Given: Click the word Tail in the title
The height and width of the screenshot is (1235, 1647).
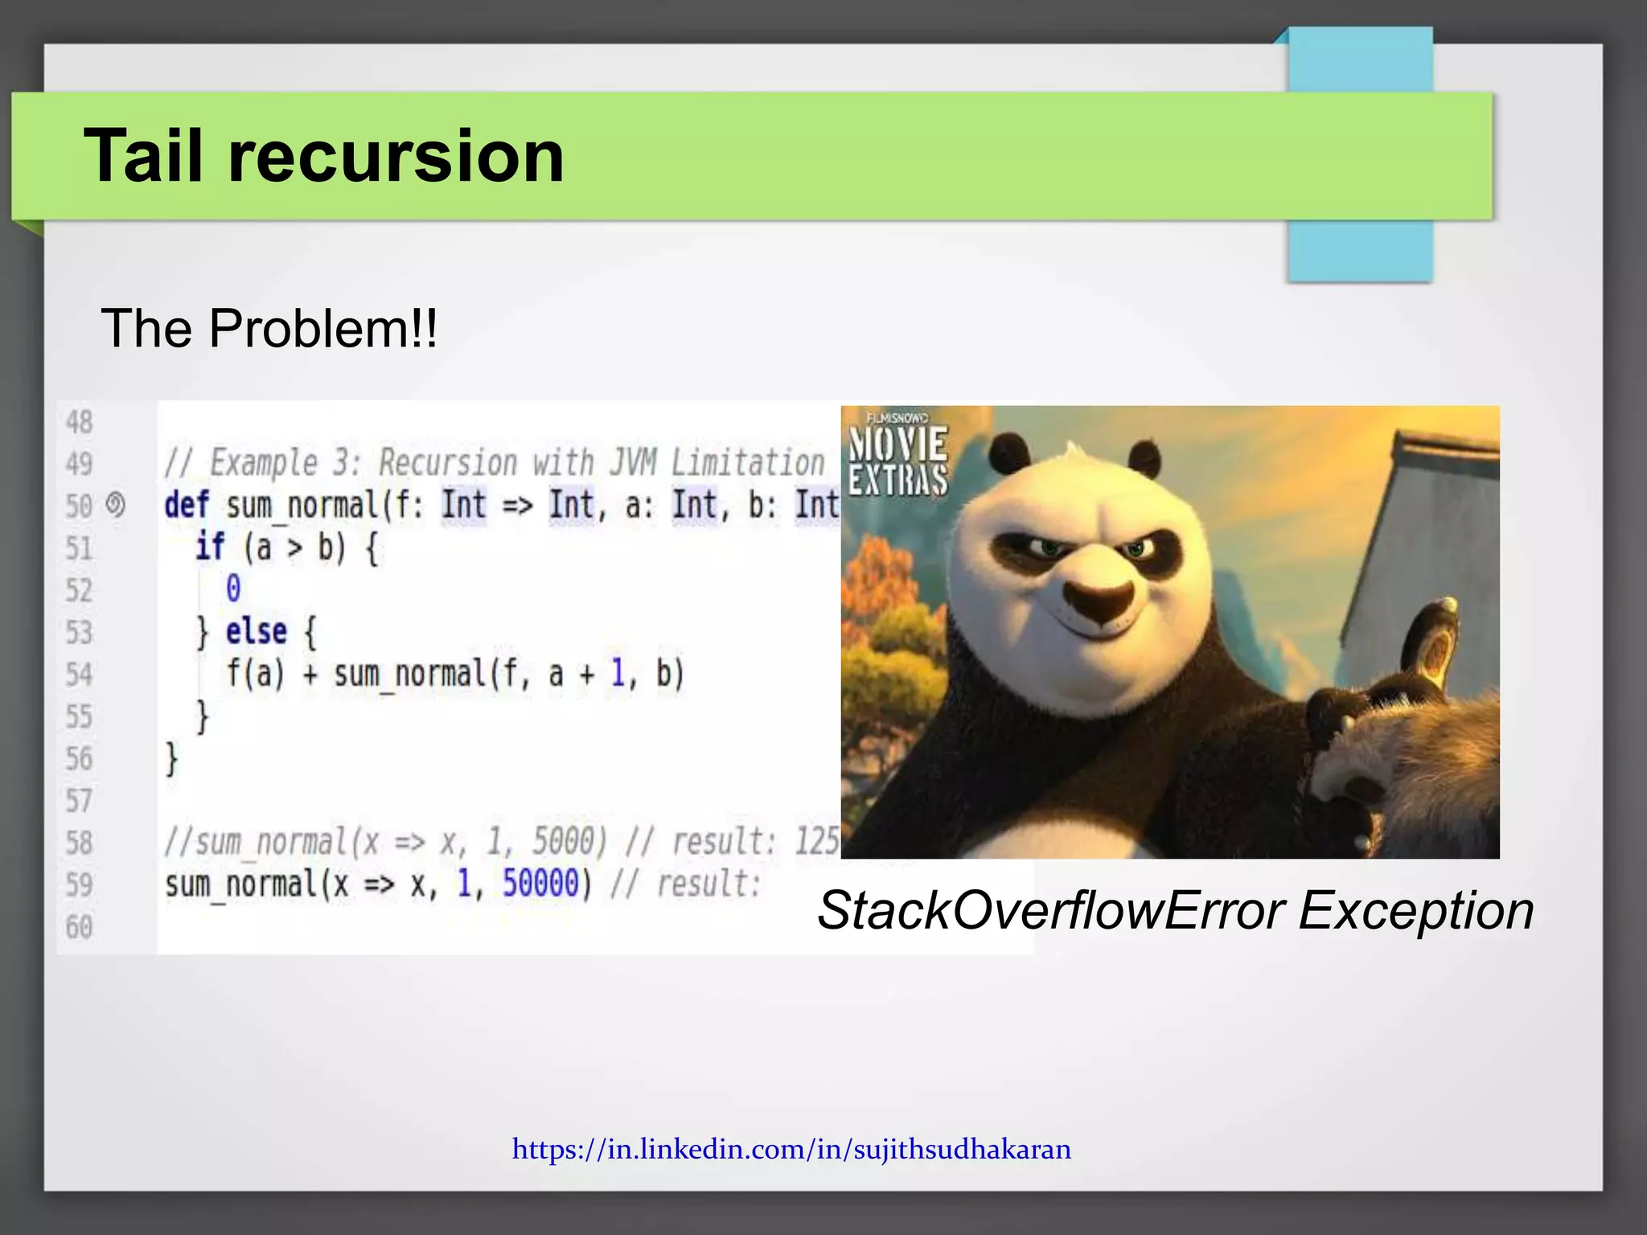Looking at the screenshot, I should [143, 156].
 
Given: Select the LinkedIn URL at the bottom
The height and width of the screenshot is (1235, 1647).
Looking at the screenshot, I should [791, 1149].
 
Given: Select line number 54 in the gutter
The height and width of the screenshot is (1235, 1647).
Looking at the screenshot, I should [79, 675].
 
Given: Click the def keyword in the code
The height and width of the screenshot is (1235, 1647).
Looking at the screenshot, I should [187, 506].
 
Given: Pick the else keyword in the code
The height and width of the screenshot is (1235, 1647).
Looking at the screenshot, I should [256, 632].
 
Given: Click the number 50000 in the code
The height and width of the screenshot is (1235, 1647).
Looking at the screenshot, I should [540, 884].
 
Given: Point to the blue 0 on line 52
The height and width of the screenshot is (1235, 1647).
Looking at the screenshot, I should [233, 589].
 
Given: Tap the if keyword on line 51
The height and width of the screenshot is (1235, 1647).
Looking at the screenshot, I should [210, 548].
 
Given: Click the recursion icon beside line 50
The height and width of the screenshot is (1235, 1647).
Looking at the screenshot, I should [116, 505].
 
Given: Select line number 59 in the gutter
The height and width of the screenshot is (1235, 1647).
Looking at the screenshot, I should [79, 885].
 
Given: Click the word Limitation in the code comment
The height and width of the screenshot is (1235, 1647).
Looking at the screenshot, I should [748, 463].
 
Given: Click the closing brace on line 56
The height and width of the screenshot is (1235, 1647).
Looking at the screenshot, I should [171, 758].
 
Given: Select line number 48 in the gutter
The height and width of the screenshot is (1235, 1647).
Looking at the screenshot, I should [79, 422].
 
